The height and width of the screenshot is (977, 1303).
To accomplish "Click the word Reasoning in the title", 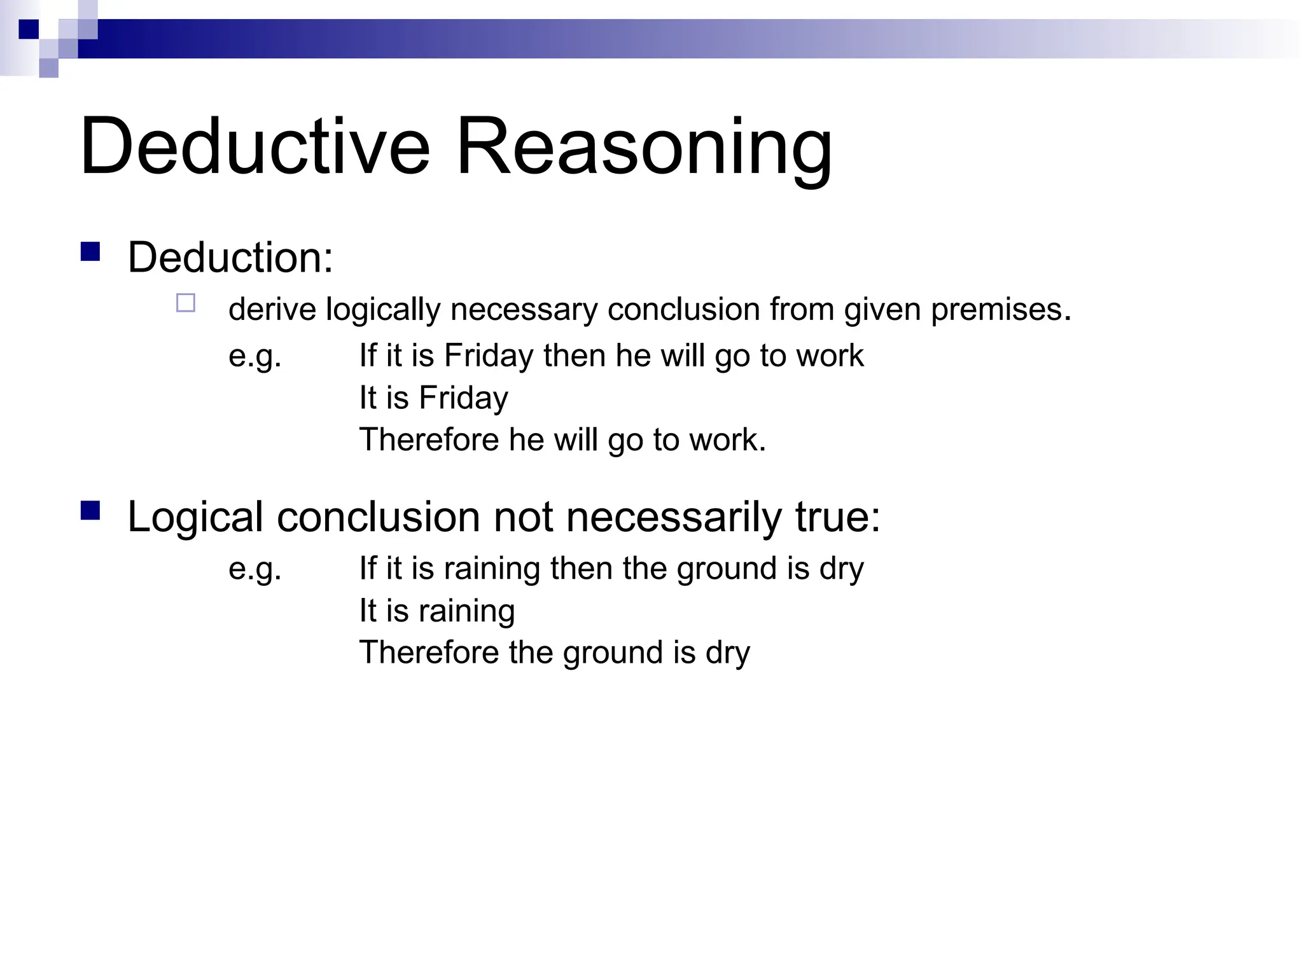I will pyautogui.click(x=644, y=148).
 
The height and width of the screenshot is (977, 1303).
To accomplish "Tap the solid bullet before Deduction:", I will pyautogui.click(x=90, y=252).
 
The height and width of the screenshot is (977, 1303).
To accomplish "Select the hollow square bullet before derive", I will pyautogui.click(x=186, y=303).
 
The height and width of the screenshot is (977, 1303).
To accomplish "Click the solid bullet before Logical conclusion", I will pyautogui.click(x=90, y=511).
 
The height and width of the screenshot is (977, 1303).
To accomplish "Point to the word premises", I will pyautogui.click(x=1001, y=310).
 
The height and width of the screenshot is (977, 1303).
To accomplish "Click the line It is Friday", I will pyautogui.click(x=433, y=398).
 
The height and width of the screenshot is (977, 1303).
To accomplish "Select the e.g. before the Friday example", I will pyautogui.click(x=254, y=356).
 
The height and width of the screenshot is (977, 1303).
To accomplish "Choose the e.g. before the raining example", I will pyautogui.click(x=254, y=568).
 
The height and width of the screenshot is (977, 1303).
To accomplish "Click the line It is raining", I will pyautogui.click(x=436, y=611).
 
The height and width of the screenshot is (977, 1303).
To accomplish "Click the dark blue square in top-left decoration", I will pyautogui.click(x=29, y=29).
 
